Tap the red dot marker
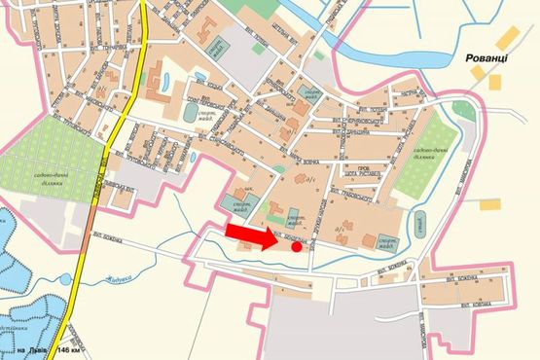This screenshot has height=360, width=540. click(297, 247)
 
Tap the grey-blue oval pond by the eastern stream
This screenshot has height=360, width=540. click(419, 220)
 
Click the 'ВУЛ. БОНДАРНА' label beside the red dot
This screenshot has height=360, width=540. click(293, 236)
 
